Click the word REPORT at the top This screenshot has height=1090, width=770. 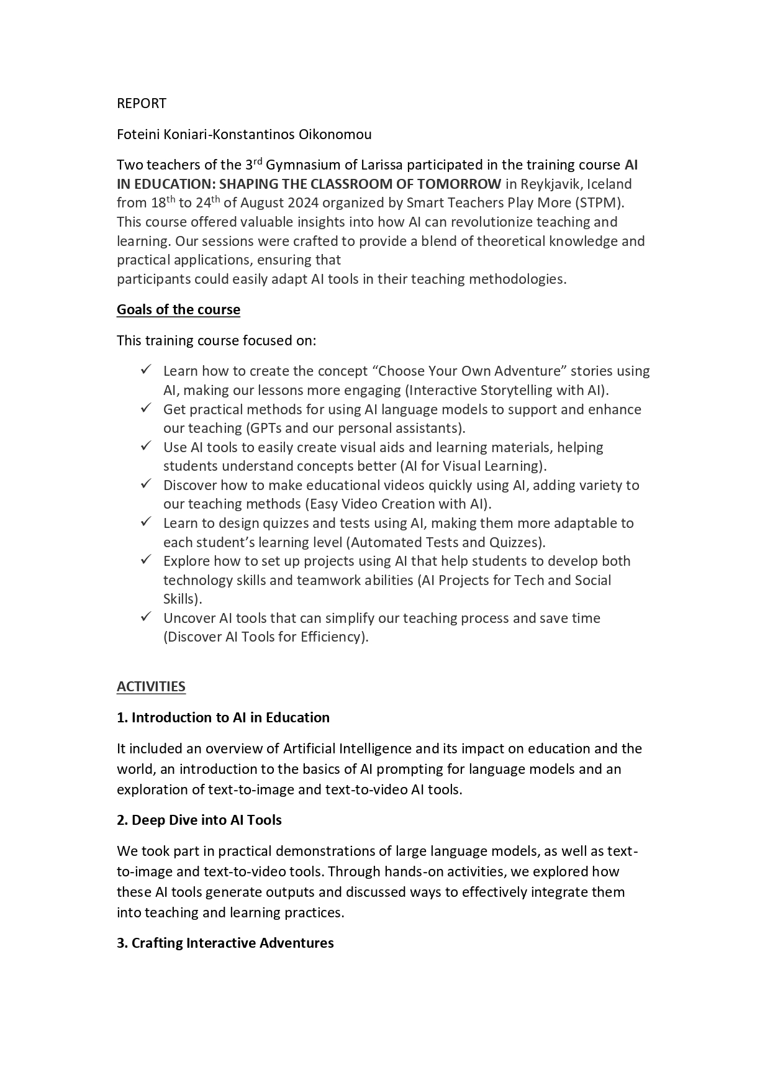point(142,103)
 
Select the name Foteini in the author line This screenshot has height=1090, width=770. point(138,134)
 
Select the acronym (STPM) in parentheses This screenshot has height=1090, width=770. point(601,203)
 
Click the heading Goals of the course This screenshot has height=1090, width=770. point(178,309)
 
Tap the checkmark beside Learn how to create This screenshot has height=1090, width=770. point(146,370)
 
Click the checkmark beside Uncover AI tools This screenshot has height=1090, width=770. point(146,617)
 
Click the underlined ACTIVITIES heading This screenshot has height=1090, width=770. point(151,686)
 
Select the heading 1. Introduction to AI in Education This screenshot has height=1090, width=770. point(223,717)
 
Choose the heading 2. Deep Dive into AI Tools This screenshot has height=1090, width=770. point(199,820)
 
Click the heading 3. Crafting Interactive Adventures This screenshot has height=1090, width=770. point(225,943)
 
